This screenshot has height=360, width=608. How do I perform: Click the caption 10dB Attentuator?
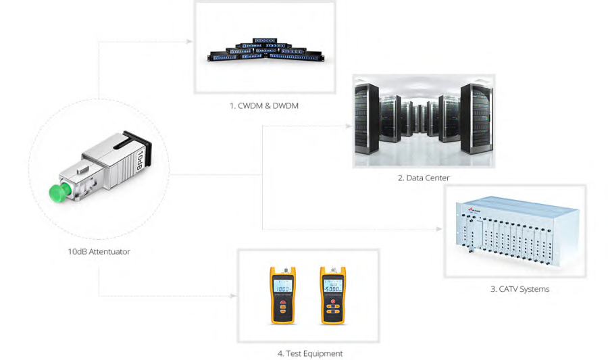(x=99, y=251)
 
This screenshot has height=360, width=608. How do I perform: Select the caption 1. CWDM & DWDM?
(x=264, y=105)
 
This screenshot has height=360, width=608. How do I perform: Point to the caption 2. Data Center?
(x=424, y=178)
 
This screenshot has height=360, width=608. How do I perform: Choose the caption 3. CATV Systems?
(x=520, y=289)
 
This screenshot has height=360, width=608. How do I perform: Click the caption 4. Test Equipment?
(x=310, y=353)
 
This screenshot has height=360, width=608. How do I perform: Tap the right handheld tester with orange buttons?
(x=333, y=295)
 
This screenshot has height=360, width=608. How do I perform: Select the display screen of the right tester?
(x=333, y=284)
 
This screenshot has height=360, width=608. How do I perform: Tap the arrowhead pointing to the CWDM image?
(x=192, y=42)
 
